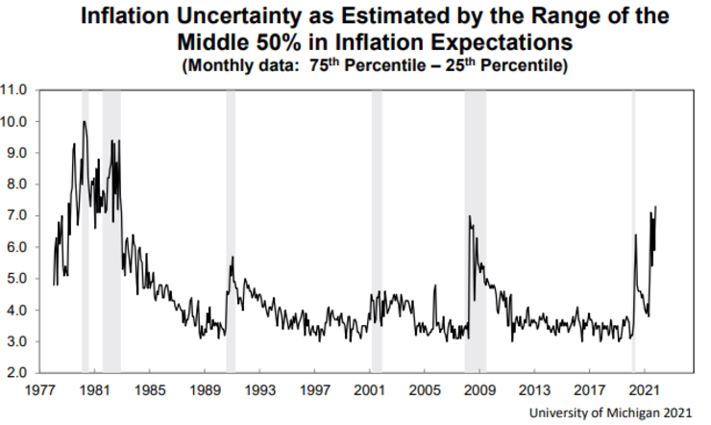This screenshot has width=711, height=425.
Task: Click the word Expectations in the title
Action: (476, 44)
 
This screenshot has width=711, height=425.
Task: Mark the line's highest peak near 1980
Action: (85, 122)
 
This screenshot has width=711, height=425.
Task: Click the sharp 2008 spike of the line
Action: (469, 216)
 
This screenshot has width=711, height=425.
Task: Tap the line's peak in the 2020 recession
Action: (636, 236)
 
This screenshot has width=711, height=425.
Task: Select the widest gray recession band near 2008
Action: (475, 231)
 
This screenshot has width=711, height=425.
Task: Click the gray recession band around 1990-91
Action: (231, 231)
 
